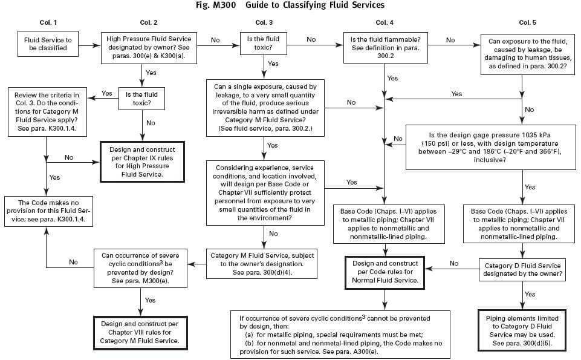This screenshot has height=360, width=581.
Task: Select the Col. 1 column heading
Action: pos(47,22)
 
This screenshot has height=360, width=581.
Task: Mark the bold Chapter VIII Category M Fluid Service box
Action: pos(140,332)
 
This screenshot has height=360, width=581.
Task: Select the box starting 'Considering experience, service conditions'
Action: pos(265,192)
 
